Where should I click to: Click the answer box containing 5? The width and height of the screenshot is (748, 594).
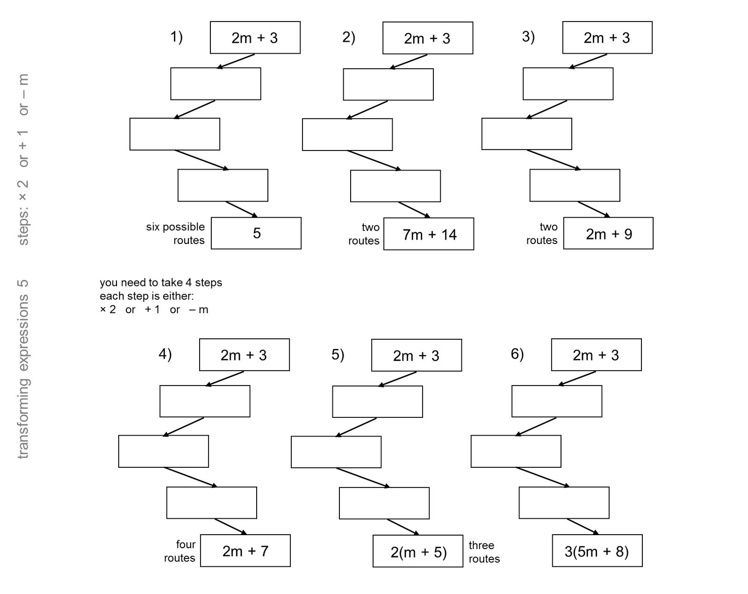256,233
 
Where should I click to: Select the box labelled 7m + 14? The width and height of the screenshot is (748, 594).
429,234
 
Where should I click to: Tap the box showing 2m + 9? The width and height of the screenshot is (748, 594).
608,233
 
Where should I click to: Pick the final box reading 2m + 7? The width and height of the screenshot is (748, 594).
245,551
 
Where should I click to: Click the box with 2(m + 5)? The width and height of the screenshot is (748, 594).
418,551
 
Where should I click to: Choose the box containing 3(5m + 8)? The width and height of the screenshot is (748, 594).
597,551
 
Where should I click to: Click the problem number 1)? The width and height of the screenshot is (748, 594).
176,36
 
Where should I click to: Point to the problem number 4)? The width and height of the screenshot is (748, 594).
165,354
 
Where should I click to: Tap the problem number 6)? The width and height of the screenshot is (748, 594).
517,354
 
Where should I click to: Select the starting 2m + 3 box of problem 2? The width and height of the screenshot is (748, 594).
427,38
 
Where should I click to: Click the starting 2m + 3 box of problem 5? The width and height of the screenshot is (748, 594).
416,356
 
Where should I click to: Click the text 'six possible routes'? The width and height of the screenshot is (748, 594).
176,234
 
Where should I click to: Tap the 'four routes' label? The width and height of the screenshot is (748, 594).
180,551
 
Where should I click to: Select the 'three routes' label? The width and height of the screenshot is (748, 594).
484,552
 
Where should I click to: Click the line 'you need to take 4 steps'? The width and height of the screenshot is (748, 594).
161,283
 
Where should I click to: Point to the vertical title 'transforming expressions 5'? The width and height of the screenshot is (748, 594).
23,369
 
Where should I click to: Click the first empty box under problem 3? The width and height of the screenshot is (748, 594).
568,84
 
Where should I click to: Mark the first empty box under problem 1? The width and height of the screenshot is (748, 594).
216,84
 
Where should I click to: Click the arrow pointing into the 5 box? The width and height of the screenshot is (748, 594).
242,209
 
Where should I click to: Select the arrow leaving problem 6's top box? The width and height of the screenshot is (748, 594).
577,379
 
